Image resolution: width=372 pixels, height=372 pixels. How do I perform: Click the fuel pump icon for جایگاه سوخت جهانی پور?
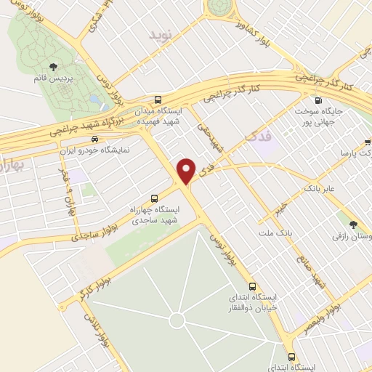point(316,101)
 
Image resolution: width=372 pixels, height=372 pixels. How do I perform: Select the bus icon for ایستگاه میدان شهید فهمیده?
point(158,100)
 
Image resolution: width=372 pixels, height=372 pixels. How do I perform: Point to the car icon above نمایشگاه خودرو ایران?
point(93,139)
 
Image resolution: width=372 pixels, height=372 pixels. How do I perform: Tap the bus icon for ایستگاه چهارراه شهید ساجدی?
point(153,198)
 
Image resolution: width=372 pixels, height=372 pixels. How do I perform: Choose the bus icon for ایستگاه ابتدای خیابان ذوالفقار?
point(253,286)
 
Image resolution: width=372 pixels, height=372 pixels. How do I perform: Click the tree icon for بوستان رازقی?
point(354,225)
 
